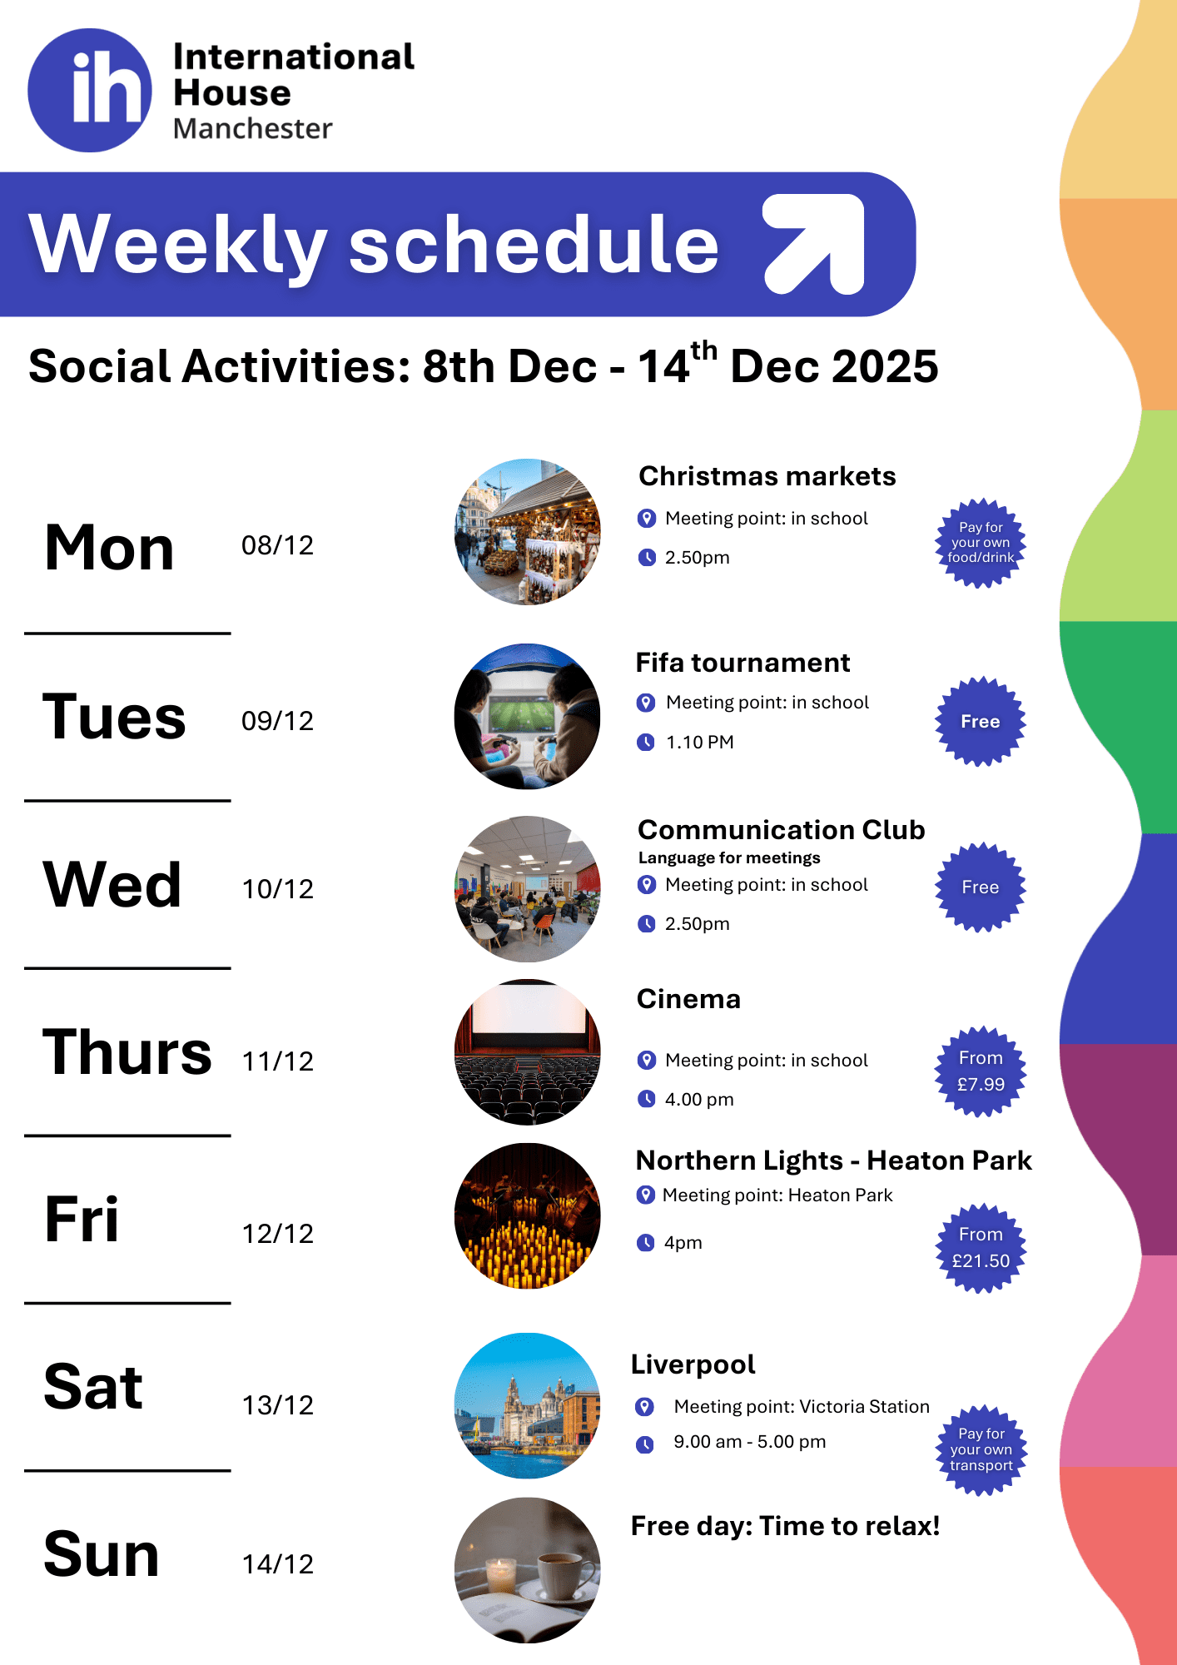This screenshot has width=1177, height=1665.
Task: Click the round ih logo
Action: point(90,90)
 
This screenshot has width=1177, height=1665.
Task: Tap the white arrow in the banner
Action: point(814,244)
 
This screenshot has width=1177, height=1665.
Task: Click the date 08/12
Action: point(277,545)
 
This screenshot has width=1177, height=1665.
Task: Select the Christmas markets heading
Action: point(767,476)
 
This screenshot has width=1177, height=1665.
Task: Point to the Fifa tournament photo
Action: point(527,717)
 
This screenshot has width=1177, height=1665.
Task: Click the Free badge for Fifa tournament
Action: point(981,721)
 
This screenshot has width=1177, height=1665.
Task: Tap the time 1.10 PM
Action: point(699,742)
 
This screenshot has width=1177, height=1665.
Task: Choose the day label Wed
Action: point(112,884)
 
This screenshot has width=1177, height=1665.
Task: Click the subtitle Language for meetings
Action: point(729,857)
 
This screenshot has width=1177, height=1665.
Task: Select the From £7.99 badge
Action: point(981,1071)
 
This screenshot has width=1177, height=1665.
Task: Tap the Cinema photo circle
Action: point(527,1052)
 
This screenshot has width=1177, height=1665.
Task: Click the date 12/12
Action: point(277,1234)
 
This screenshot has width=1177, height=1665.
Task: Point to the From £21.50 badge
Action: point(981,1248)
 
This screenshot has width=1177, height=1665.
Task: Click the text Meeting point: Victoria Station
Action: point(802,1406)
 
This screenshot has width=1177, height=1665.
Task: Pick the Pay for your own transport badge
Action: point(981,1450)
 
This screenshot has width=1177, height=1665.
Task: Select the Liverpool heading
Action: point(693,1364)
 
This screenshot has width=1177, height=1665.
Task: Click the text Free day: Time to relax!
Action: point(785,1526)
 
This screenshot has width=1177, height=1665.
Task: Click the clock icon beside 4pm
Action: point(645,1243)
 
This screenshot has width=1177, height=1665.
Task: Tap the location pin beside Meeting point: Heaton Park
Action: point(645,1195)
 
